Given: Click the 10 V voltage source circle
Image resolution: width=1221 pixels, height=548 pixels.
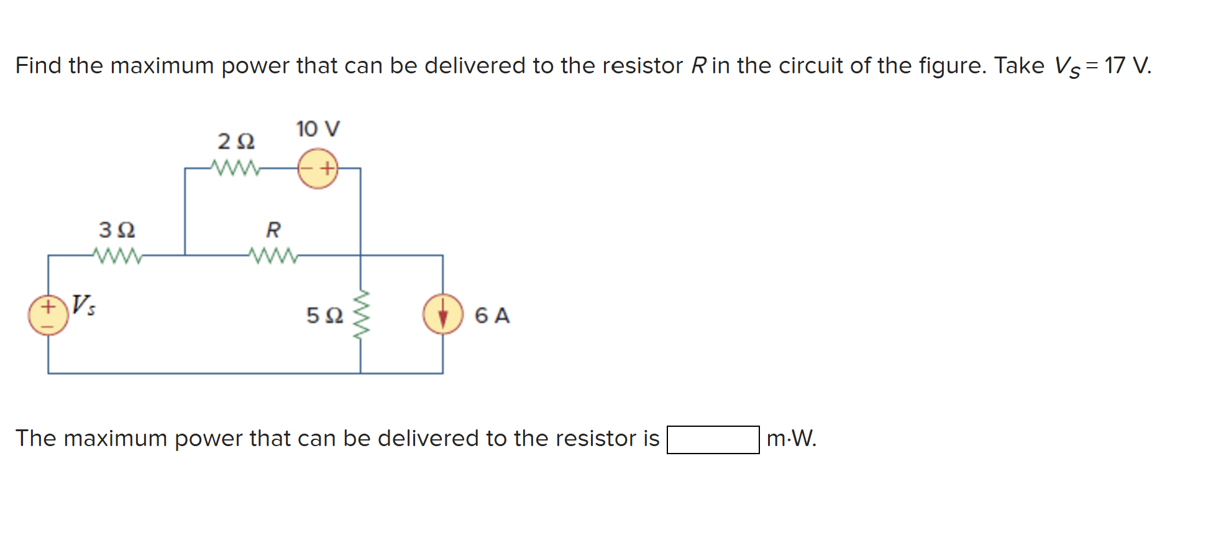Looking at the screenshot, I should point(318,168).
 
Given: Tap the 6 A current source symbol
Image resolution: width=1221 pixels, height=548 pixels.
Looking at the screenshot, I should point(442,314).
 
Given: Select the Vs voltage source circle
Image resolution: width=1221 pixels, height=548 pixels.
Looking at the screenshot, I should point(48,315).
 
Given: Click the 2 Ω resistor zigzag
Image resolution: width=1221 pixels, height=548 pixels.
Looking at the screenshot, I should point(235,168).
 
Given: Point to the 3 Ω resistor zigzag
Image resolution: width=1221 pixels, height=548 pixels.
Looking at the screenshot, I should point(117,255).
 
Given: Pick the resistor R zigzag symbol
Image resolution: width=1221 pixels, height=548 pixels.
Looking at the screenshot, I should point(273,255).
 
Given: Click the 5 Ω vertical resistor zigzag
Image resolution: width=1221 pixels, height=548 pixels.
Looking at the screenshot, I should point(361,314).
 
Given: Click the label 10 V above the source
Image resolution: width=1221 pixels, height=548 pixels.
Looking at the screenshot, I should point(318,129).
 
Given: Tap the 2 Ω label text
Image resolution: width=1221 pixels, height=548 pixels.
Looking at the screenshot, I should point(236,142).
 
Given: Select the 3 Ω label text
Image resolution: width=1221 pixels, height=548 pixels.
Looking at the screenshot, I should point(117,230).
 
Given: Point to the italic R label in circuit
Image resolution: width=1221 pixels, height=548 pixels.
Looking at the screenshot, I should point(273,230).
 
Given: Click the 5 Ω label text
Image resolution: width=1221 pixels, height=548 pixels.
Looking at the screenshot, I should point(324,316).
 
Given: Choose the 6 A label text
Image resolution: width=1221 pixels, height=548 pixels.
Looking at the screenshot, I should point(492,316).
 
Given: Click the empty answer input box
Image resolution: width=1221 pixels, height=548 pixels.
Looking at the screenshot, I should point(713,439).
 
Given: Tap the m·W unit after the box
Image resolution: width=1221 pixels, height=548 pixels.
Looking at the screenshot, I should point(791,439).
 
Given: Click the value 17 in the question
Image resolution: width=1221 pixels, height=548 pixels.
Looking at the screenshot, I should point(1115,65).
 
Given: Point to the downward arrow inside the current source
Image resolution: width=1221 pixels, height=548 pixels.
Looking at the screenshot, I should point(442,316).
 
